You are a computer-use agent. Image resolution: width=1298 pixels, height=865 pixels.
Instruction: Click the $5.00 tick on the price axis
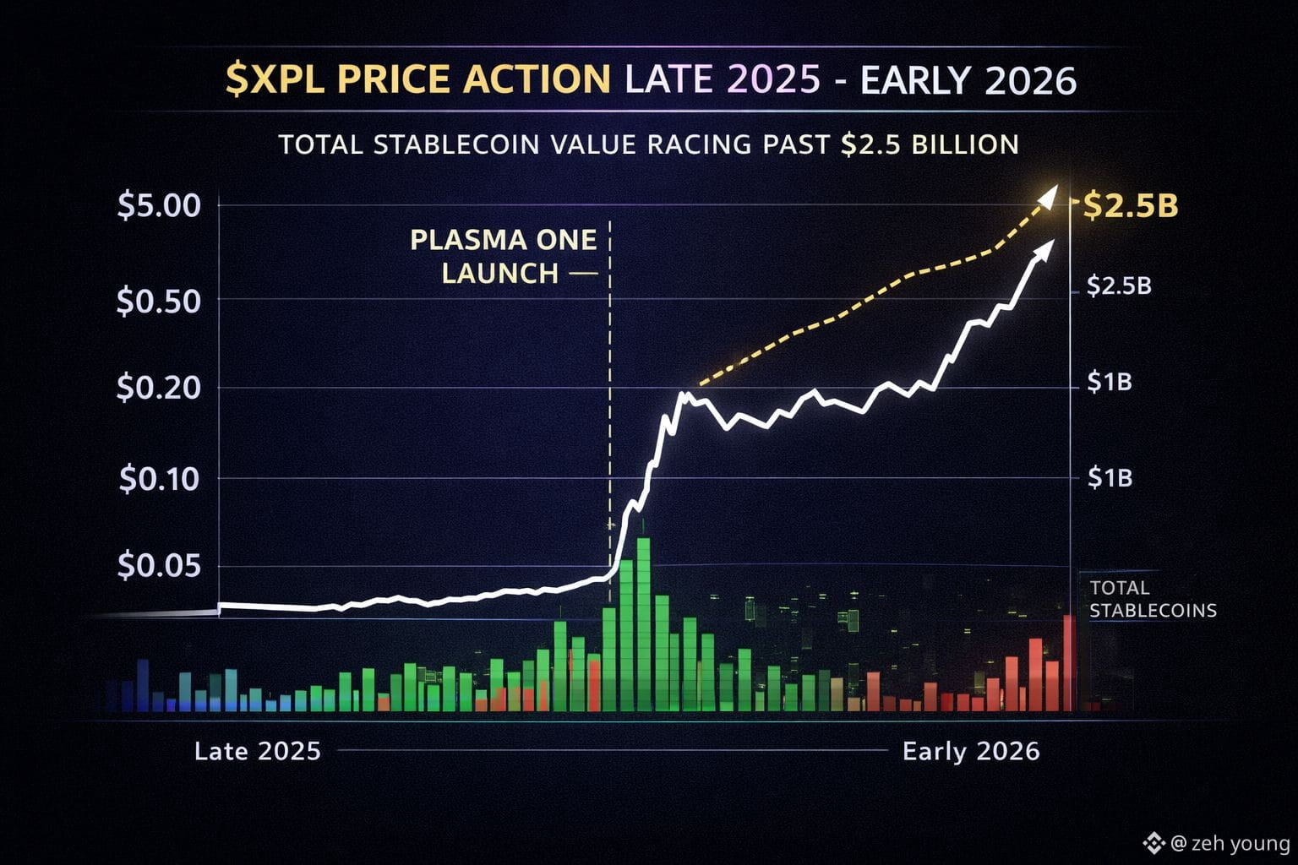159,205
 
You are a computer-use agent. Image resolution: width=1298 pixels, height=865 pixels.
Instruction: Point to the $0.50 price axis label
159,301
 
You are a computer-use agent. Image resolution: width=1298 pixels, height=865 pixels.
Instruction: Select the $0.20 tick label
159,388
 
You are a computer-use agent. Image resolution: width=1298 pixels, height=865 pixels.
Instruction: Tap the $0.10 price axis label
159,479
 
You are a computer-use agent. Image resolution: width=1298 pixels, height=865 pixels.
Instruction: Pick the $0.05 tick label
159,565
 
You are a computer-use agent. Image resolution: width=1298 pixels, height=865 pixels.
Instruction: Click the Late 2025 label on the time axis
258,751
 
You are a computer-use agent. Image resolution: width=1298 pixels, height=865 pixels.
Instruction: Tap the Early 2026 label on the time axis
971,751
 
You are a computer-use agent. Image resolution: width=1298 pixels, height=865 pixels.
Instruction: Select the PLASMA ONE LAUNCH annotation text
503,256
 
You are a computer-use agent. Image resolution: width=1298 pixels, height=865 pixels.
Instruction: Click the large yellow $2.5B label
1131,205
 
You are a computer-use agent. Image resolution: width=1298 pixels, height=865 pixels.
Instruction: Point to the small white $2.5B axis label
1119,286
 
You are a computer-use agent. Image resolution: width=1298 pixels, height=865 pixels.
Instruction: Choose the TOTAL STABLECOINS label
1153,599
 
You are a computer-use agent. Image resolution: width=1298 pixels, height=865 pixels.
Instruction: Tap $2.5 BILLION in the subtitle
930,144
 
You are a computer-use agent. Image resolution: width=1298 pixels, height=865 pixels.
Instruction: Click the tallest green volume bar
643,623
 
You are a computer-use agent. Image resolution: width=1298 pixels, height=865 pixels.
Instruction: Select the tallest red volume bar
1068,662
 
